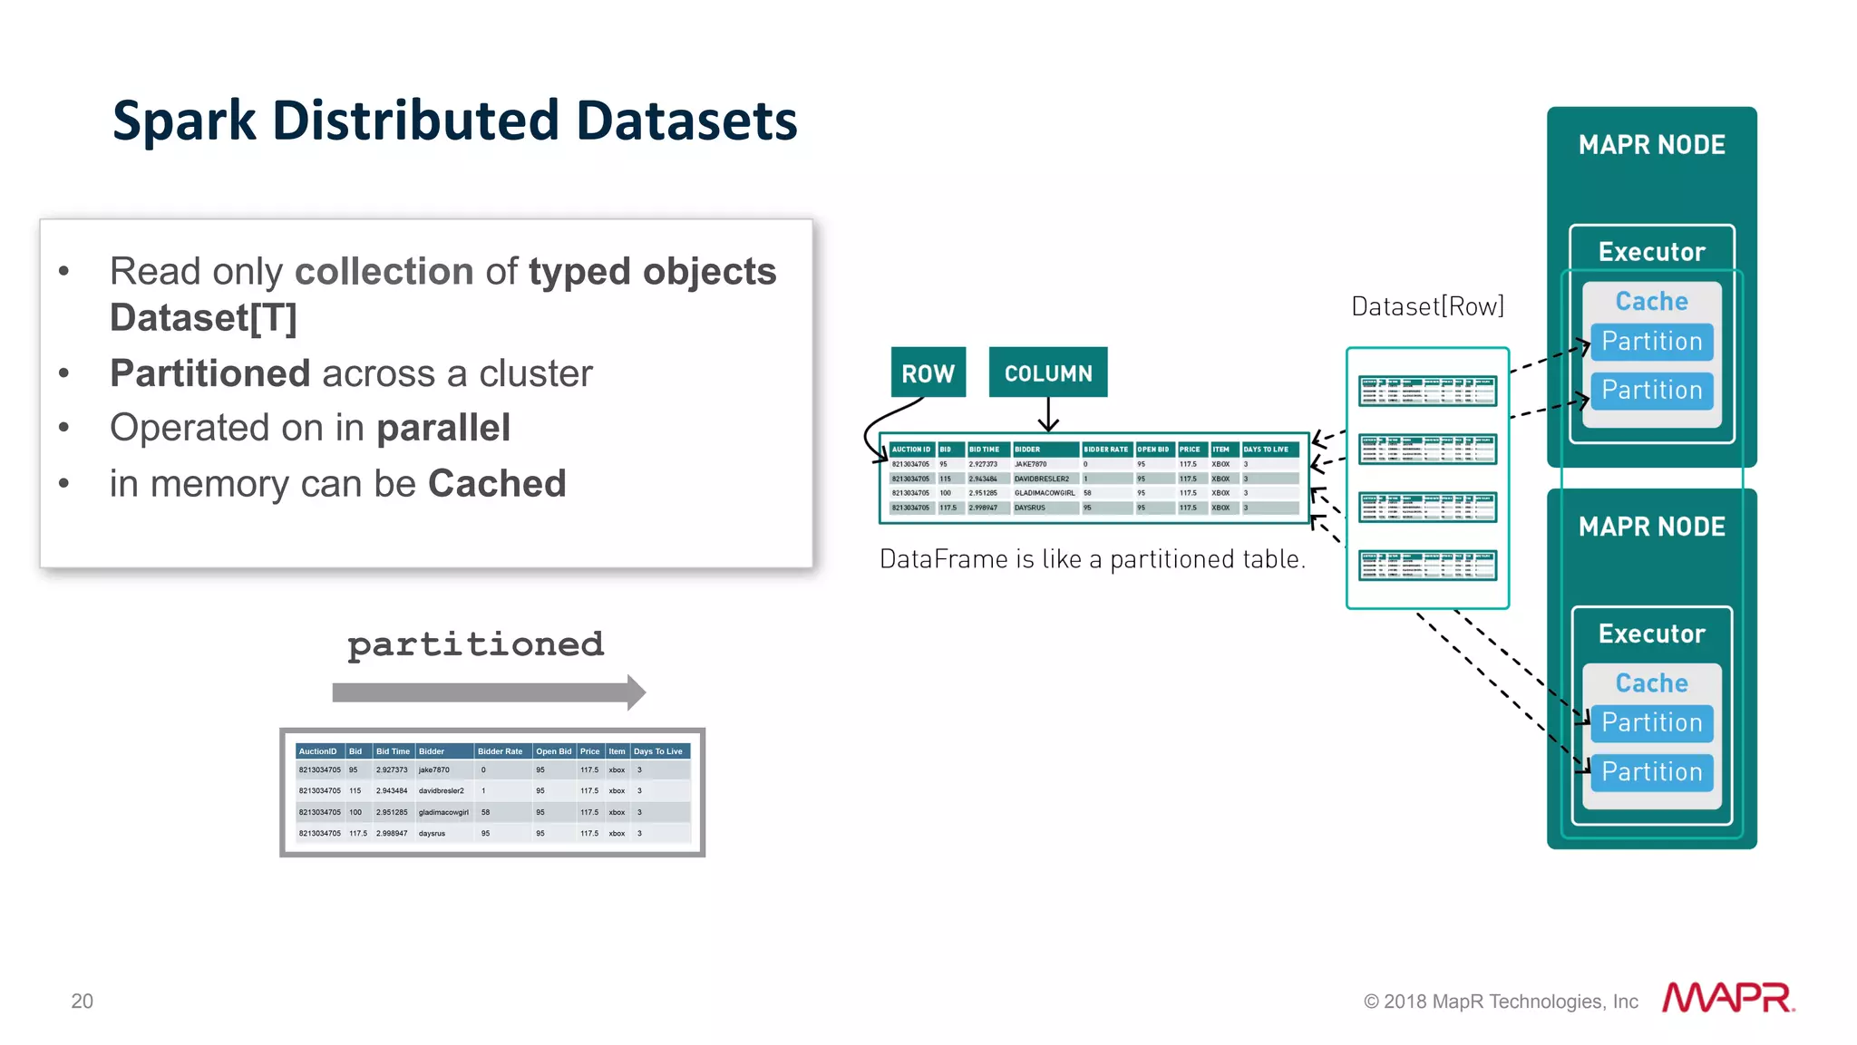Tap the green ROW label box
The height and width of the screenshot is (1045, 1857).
pyautogui.click(x=928, y=373)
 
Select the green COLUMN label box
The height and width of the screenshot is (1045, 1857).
pyautogui.click(x=1047, y=373)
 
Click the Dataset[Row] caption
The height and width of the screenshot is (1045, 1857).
pyautogui.click(x=1427, y=306)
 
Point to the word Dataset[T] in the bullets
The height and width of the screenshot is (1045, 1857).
pyautogui.click(x=203, y=318)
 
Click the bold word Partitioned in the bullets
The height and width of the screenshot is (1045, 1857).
pyautogui.click(x=209, y=373)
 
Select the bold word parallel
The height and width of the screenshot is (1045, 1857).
pyautogui.click(x=443, y=428)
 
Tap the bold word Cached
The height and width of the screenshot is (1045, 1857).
pyautogui.click(x=497, y=484)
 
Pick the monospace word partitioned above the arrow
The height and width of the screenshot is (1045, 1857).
pyautogui.click(x=475, y=644)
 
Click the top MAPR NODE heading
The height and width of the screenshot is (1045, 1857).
pyautogui.click(x=1651, y=145)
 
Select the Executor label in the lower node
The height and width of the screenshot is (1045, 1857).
pyautogui.click(x=1651, y=634)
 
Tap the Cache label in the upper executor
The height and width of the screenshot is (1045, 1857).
pyautogui.click(x=1651, y=301)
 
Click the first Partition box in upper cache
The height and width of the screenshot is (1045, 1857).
pyautogui.click(x=1651, y=342)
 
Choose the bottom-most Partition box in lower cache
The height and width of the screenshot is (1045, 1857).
pyautogui.click(x=1651, y=772)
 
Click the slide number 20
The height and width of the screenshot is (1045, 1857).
pyautogui.click(x=82, y=1001)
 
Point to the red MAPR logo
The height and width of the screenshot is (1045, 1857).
pyautogui.click(x=1727, y=998)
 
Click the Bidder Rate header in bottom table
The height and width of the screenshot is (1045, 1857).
pyautogui.click(x=500, y=751)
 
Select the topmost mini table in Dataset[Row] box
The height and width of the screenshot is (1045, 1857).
pyautogui.click(x=1427, y=392)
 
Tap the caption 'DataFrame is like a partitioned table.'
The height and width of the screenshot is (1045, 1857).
pyautogui.click(x=1093, y=559)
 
